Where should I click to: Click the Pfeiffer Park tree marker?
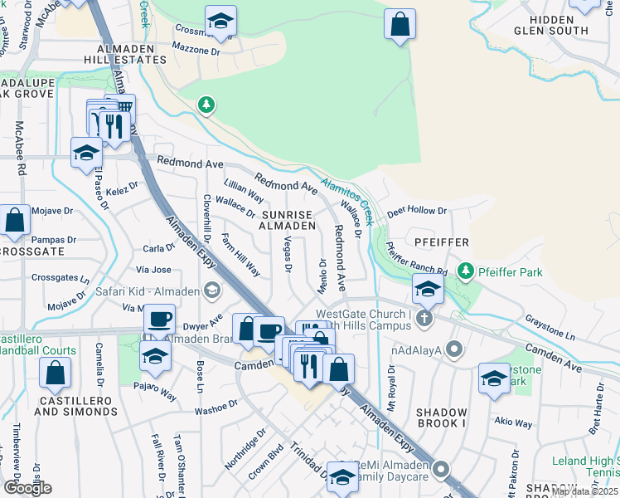[x=467, y=271]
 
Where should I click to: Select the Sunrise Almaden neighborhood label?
[x=288, y=219]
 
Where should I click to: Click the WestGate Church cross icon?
[x=424, y=318]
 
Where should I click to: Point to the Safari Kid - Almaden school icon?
[x=213, y=290]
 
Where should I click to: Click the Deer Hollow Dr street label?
[x=417, y=212]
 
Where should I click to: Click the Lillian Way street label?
[x=244, y=190]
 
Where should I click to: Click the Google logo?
[x=27, y=488]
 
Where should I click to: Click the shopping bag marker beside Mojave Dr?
[x=15, y=220]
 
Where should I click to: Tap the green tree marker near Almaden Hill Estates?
[x=206, y=105]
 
